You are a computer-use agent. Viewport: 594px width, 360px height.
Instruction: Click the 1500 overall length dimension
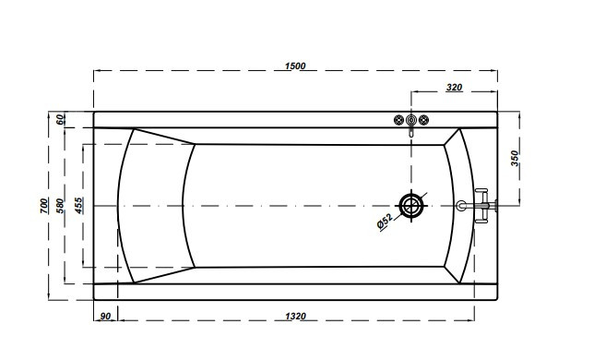[295, 66]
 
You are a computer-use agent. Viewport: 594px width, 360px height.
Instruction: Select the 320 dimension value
[454, 87]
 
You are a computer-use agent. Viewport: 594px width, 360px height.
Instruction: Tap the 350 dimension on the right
[515, 158]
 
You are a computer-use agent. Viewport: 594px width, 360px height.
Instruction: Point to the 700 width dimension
[44, 206]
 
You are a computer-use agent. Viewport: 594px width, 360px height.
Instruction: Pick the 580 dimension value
[60, 206]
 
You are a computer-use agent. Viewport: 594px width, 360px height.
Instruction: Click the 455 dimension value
[78, 206]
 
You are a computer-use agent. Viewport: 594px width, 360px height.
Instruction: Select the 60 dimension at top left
[61, 120]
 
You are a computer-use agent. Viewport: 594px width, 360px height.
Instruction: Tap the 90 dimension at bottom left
[105, 316]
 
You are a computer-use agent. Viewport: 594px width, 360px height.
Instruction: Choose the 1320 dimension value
[295, 316]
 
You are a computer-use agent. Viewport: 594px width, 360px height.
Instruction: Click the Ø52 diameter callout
[385, 222]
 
